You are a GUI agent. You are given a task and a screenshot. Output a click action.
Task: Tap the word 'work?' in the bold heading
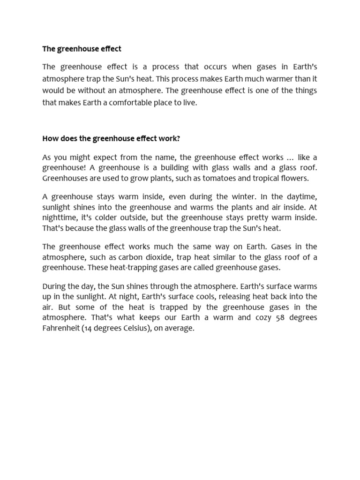tap(171, 138)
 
